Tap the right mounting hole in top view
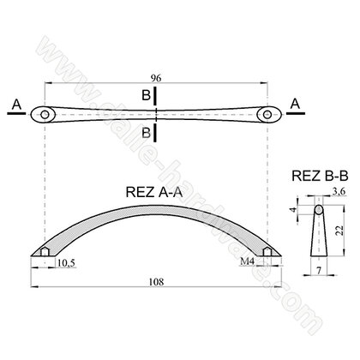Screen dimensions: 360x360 pos(269,113)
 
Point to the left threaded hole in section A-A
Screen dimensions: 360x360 pos(45,251)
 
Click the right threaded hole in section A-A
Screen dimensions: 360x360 pos(269,251)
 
